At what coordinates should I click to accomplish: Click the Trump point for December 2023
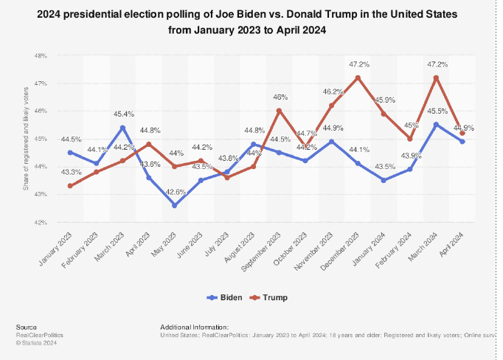pyautogui.click(x=358, y=77)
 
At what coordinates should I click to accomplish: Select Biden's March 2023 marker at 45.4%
pyautogui.click(x=122, y=128)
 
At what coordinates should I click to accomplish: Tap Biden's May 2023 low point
pyautogui.click(x=175, y=205)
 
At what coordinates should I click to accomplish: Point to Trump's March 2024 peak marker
pyautogui.click(x=436, y=77)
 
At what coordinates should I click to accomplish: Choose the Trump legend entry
pyautogui.click(x=271, y=297)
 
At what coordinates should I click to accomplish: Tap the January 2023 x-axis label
pyautogui.click(x=58, y=247)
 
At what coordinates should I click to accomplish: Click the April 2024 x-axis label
pyautogui.click(x=454, y=243)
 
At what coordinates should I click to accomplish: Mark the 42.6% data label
pyautogui.click(x=175, y=193)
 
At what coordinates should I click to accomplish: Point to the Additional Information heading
pyautogui.click(x=194, y=327)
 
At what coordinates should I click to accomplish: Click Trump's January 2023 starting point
pyautogui.click(x=70, y=186)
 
